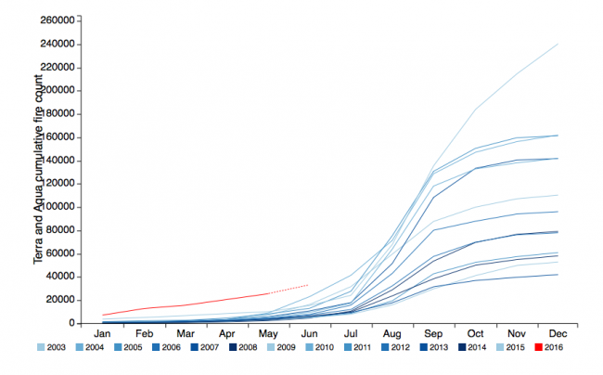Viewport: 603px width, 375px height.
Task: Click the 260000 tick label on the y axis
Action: coord(57,19)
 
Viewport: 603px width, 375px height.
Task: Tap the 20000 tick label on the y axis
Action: coord(59,300)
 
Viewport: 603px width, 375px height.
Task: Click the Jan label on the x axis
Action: coord(103,333)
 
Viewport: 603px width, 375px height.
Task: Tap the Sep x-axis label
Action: coord(433,333)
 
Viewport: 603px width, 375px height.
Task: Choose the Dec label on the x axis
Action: coord(558,333)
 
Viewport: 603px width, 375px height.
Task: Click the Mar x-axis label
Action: coord(186,333)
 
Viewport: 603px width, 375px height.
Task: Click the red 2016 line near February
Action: coord(145,308)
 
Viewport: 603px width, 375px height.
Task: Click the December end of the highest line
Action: coord(558,44)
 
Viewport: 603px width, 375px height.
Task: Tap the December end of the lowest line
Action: coord(558,274)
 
